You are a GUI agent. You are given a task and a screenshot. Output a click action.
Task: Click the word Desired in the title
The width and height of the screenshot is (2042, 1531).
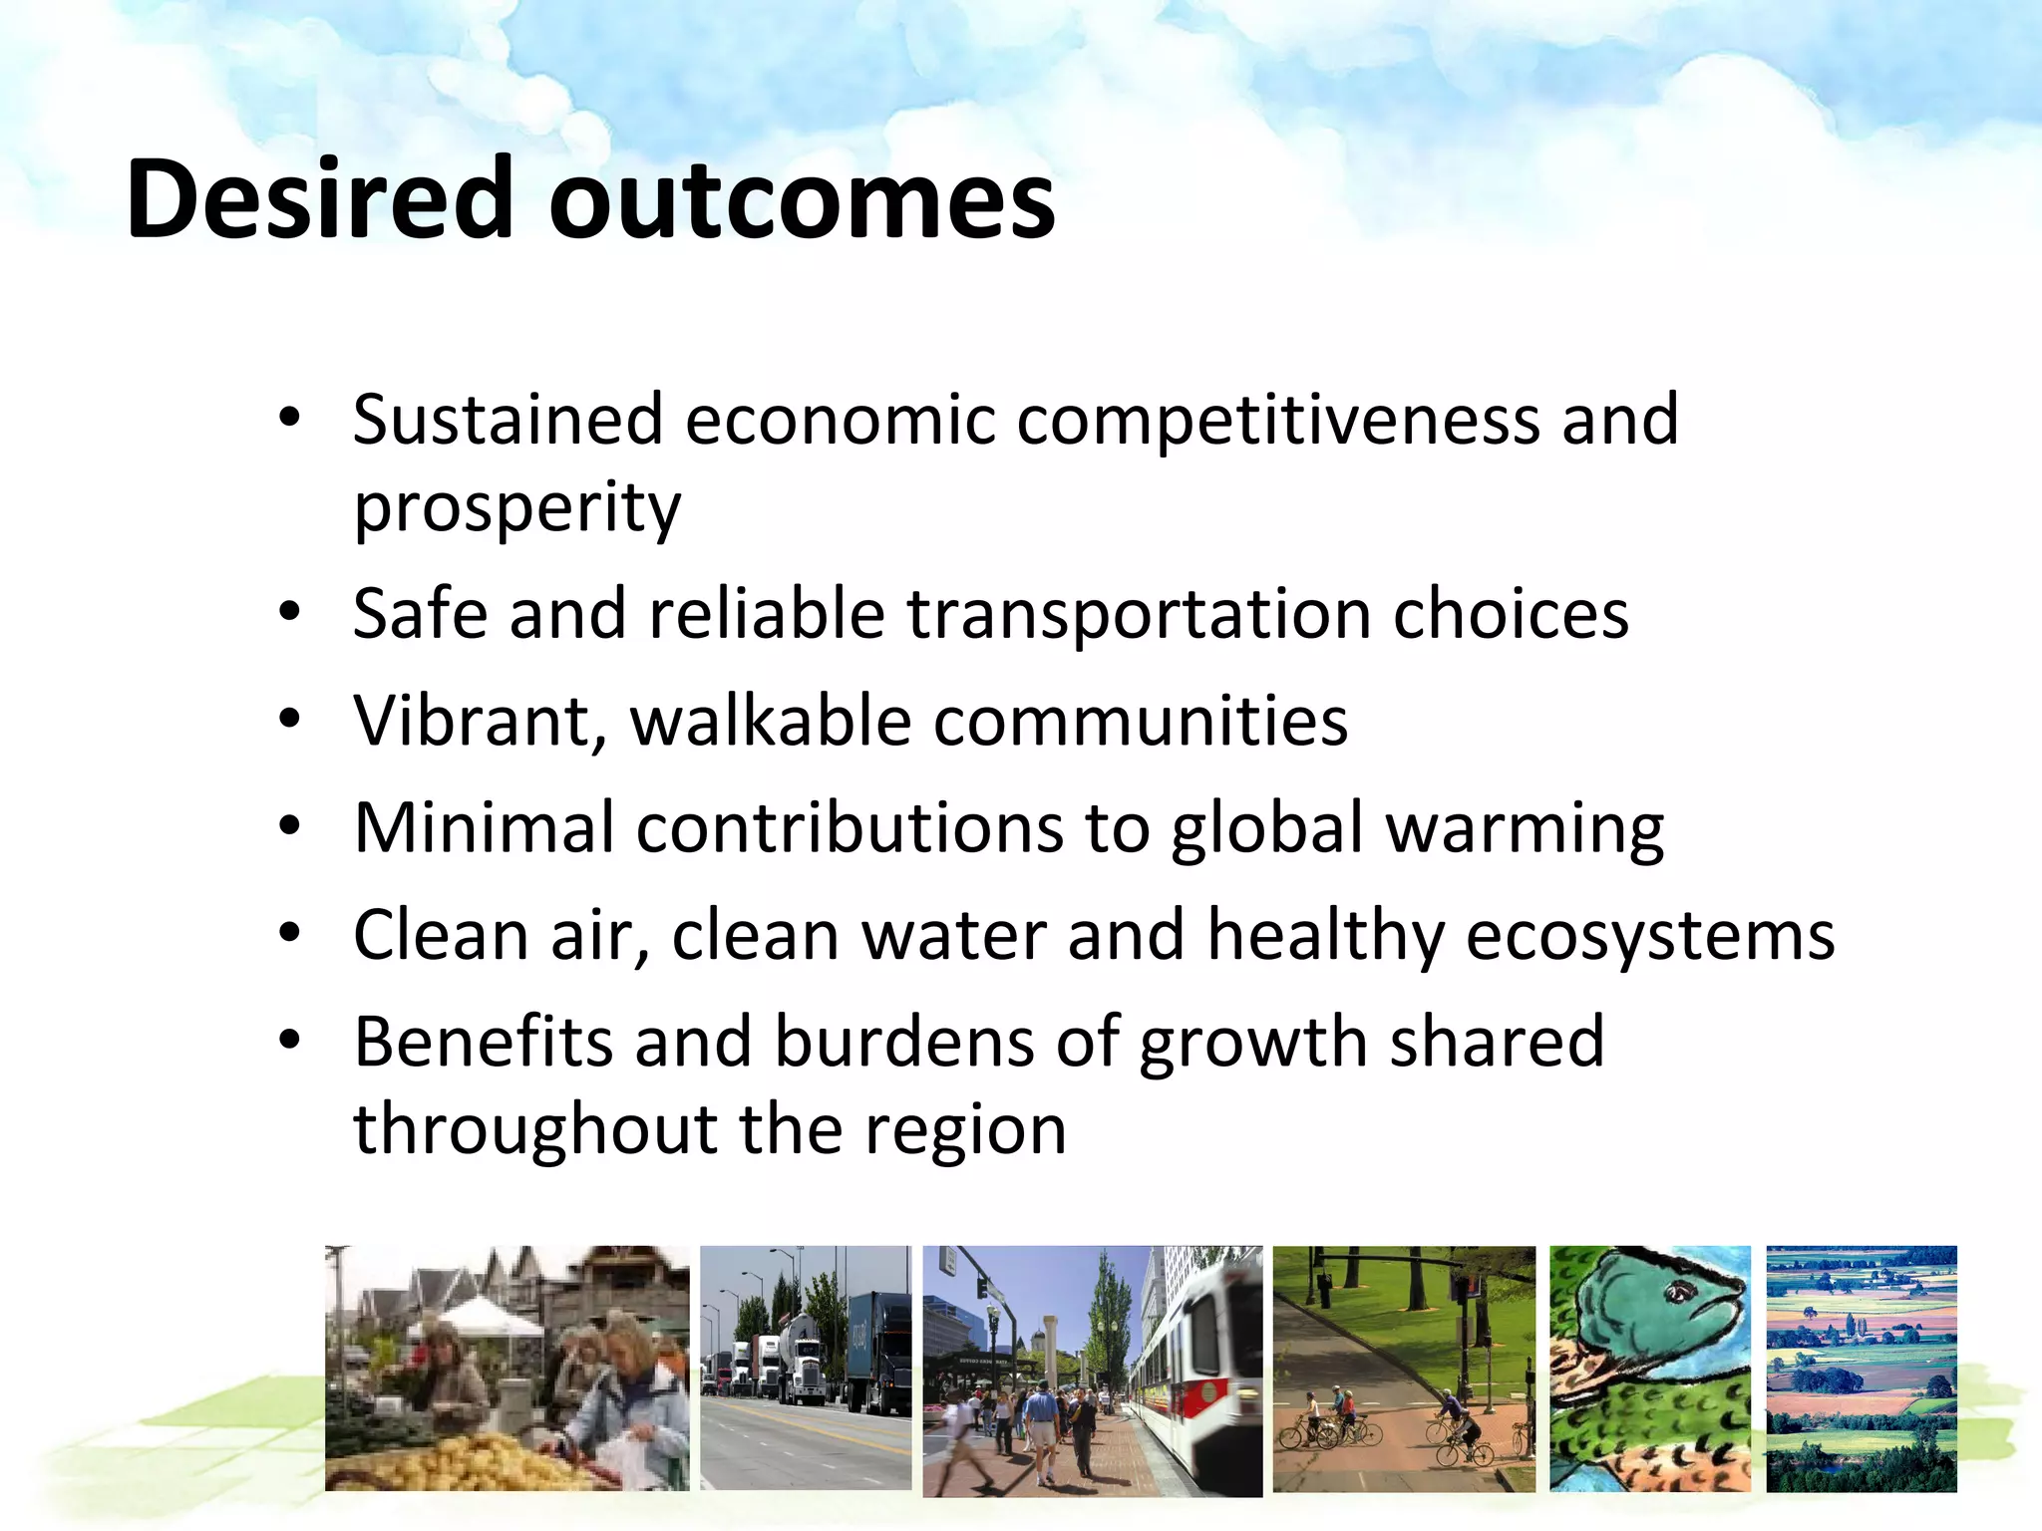[319, 199]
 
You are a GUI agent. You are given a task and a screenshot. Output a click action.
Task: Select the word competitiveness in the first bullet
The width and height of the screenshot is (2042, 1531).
[1278, 421]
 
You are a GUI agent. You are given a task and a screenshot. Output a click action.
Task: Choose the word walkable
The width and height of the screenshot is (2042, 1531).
[771, 721]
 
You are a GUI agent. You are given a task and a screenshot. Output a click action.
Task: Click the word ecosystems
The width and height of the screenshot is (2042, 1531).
[1650, 937]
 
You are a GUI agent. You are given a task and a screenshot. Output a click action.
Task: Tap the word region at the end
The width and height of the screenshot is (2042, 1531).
[965, 1132]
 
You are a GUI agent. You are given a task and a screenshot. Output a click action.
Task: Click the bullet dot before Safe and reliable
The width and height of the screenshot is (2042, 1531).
[289, 612]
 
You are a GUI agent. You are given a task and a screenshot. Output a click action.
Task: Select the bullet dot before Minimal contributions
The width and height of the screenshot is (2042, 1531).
[289, 827]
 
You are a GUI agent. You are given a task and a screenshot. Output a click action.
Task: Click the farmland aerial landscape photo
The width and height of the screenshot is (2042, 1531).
[1861, 1369]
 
